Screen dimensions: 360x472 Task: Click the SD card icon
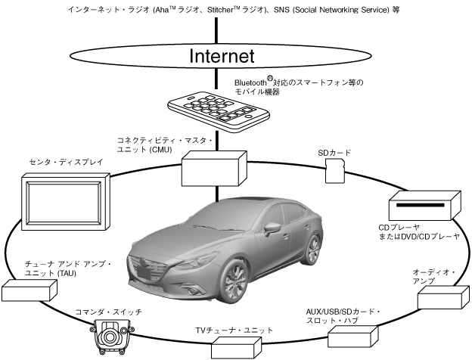pyautogui.click(x=334, y=172)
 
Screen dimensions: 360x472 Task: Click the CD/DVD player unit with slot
pyautogui.click(x=424, y=206)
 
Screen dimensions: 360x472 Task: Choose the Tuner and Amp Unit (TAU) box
pyautogui.click(x=30, y=290)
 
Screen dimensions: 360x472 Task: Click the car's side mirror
pyautogui.click(x=271, y=227)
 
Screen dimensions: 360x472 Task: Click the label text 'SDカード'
pyautogui.click(x=334, y=152)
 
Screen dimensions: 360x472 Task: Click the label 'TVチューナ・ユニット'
pyautogui.click(x=234, y=331)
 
